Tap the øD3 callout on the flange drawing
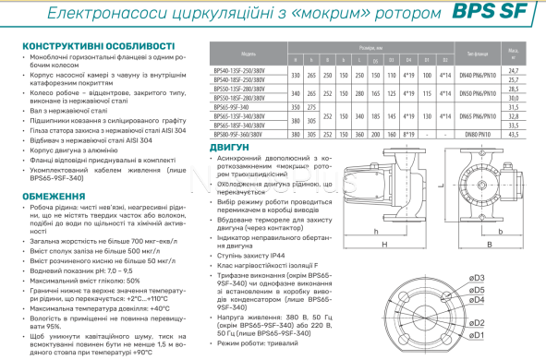478,277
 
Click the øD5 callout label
479,288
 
